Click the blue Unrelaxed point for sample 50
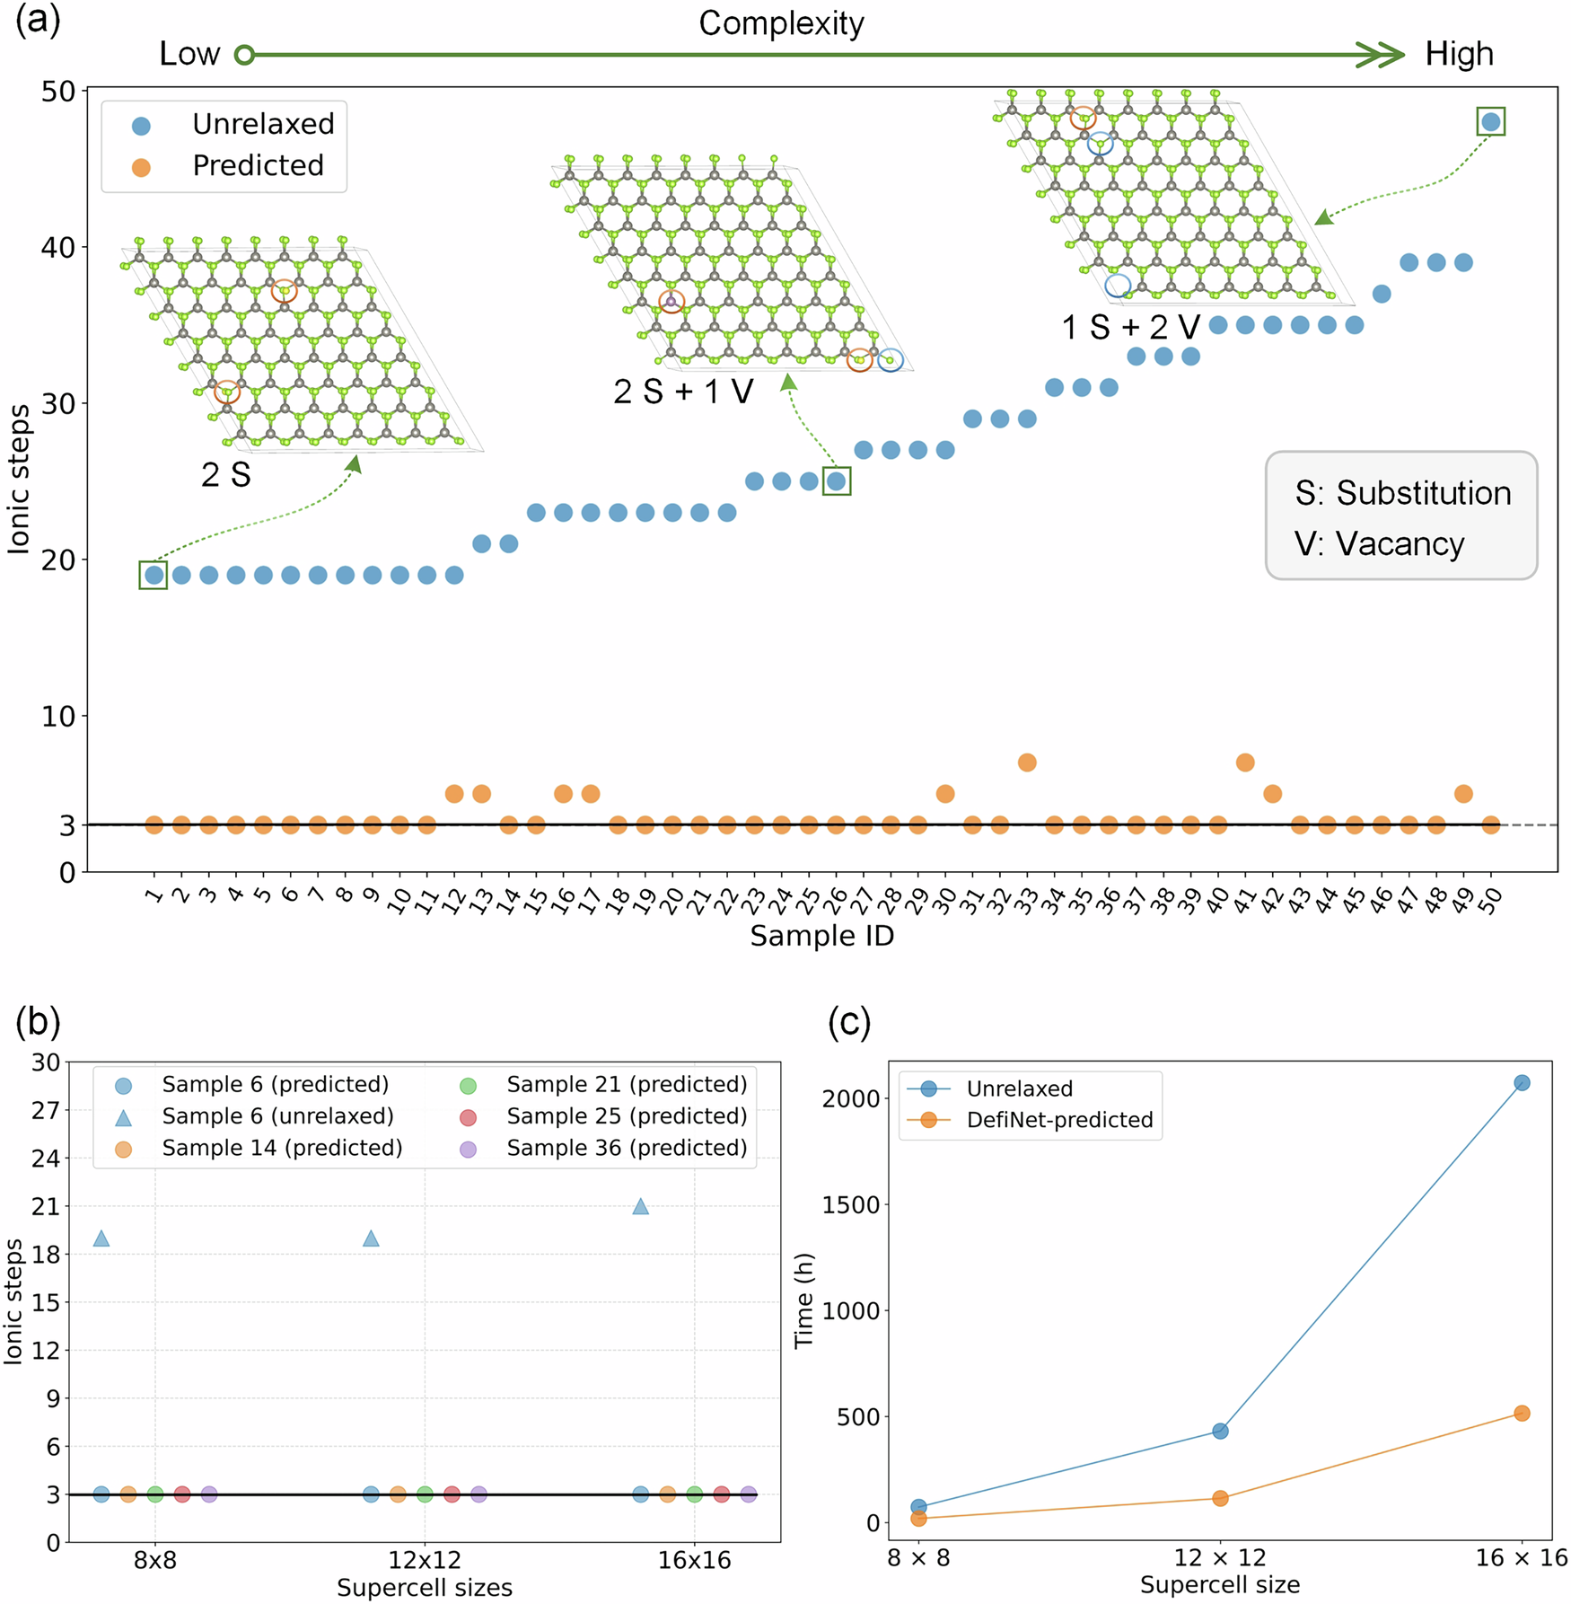tap(1490, 121)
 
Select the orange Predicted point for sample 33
tap(1027, 762)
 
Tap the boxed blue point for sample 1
tap(154, 575)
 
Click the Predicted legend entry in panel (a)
tap(257, 166)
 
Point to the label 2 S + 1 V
tap(683, 392)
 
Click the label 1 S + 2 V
tap(1130, 327)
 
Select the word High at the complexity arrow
tap(1459, 55)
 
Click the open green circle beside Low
tap(244, 56)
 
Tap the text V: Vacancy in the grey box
tap(1379, 544)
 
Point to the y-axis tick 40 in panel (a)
tap(57, 247)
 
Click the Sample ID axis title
tap(821, 936)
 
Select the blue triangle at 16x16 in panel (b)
tap(640, 1206)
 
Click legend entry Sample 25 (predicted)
tap(626, 1116)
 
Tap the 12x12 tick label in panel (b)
tap(424, 1560)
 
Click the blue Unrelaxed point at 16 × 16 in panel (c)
tap(1522, 1083)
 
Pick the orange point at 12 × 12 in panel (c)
tap(1220, 1498)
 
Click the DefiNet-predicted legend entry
tap(1059, 1120)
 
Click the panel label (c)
tap(848, 1023)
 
